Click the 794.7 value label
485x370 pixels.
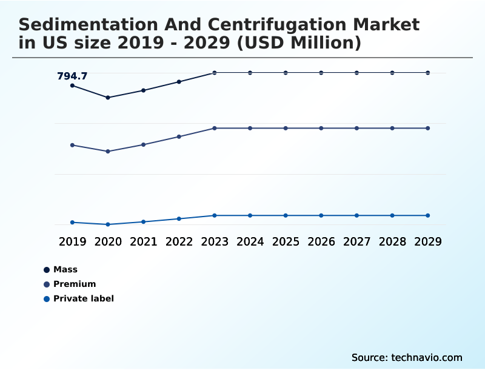pyautogui.click(x=72, y=76)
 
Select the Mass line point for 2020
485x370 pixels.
pyautogui.click(x=108, y=97)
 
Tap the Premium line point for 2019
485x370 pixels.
pyautogui.click(x=72, y=145)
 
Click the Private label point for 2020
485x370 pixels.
pyautogui.click(x=108, y=224)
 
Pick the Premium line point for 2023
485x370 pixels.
pyautogui.click(x=215, y=128)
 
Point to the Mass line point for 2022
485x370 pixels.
pyautogui.click(x=179, y=81)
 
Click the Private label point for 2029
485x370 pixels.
pyautogui.click(x=428, y=215)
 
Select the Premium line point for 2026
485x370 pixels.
pyautogui.click(x=321, y=128)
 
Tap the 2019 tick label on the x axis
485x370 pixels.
pyautogui.click(x=72, y=241)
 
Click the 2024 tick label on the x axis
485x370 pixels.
pyautogui.click(x=250, y=241)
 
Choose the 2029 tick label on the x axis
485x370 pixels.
pyautogui.click(x=428, y=241)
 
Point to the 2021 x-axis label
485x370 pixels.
pyautogui.click(x=143, y=241)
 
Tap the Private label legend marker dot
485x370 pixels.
pyautogui.click(x=47, y=298)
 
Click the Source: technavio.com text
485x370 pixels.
pyautogui.click(x=407, y=357)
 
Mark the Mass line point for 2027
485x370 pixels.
pyautogui.click(x=356, y=73)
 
